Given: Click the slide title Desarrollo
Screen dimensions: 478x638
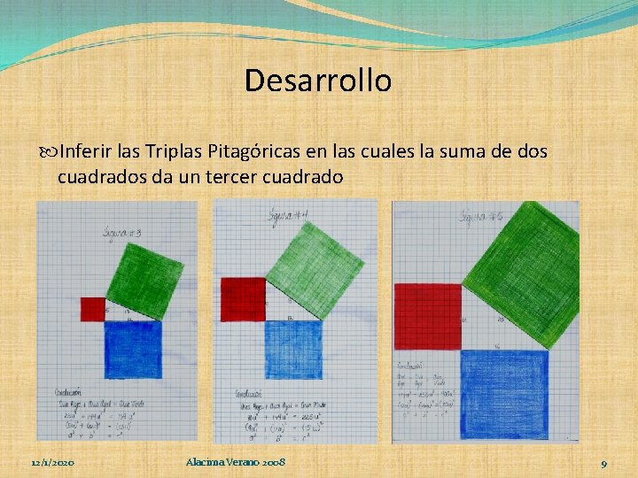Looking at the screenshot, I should [x=318, y=81].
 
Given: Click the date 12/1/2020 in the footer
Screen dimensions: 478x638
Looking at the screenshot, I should [x=52, y=463].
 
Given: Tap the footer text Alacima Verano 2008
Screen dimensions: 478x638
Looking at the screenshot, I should [x=237, y=462].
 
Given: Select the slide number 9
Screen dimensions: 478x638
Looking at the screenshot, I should [x=603, y=463].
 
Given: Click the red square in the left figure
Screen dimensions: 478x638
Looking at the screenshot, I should [x=92, y=309].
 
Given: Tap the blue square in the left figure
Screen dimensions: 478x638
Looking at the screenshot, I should [x=133, y=349].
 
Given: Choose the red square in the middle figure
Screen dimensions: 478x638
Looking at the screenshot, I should [x=243, y=299].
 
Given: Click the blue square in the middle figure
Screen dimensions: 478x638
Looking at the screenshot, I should [x=293, y=349].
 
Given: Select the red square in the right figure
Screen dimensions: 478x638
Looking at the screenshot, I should [x=428, y=316].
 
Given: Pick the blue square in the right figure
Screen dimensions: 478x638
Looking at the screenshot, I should [x=503, y=394].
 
